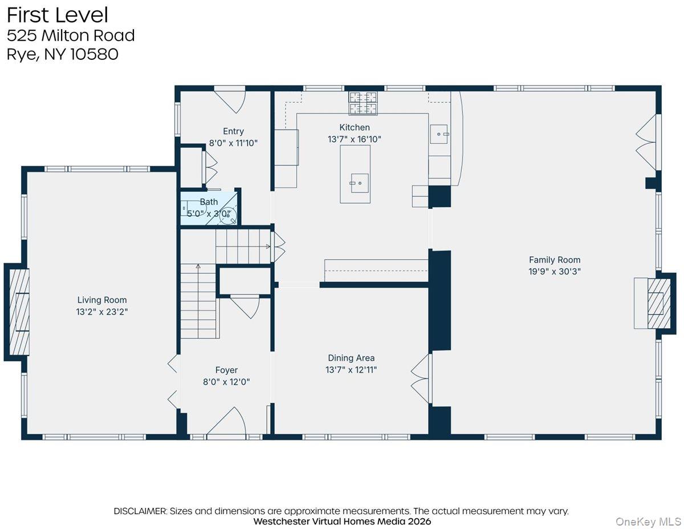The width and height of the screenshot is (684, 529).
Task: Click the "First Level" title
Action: tap(58, 15)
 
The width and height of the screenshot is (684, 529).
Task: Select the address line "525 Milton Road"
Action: tap(71, 35)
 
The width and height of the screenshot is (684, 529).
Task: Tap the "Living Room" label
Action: tap(102, 300)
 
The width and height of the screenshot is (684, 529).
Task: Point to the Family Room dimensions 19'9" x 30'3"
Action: tap(555, 272)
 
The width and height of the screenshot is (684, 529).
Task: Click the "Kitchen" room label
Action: tap(355, 127)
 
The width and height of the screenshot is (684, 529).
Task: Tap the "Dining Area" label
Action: tap(351, 358)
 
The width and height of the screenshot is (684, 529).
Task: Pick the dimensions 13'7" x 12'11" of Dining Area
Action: tap(351, 370)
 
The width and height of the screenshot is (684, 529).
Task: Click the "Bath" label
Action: tap(209, 201)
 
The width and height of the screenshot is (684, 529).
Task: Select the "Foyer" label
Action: tap(226, 370)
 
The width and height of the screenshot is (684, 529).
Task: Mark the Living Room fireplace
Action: tap(18, 312)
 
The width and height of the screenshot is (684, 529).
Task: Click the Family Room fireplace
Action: tap(653, 303)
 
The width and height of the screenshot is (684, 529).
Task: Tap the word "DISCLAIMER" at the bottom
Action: tap(140, 511)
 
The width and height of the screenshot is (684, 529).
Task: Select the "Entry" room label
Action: tap(233, 131)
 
